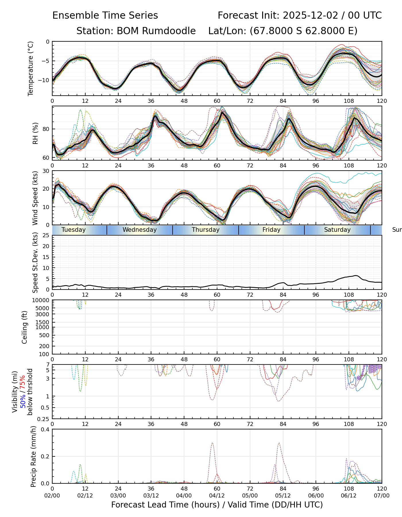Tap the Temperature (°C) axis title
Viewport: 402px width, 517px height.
click(30, 68)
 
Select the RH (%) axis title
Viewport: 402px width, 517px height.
click(35, 133)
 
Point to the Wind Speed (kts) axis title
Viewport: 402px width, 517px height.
click(35, 198)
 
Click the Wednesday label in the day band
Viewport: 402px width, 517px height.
click(140, 230)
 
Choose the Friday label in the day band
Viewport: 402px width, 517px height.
click(271, 230)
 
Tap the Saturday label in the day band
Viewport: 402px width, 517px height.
click(337, 230)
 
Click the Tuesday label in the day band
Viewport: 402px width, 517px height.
click(74, 230)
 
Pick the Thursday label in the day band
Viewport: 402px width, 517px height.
click(206, 230)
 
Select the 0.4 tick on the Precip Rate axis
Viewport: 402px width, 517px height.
click(46, 429)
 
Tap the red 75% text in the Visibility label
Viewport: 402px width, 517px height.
click(23, 382)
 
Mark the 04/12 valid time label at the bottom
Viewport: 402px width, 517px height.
click(217, 496)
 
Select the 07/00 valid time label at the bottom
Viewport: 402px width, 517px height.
click(382, 496)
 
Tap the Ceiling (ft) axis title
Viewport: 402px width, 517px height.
click(25, 327)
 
